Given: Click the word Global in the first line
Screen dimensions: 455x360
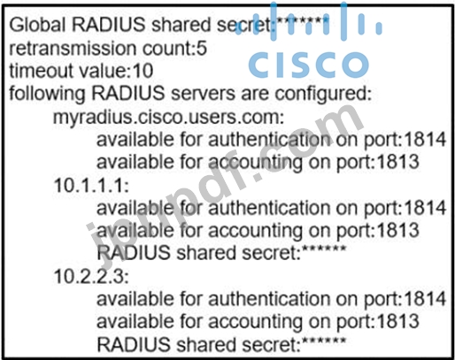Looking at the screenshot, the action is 37,24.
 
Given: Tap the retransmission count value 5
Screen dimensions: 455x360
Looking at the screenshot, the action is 202,48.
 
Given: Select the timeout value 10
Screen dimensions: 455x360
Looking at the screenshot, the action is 143,71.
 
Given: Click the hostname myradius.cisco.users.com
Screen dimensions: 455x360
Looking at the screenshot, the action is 166,118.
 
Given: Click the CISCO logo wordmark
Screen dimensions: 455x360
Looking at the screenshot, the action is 308,65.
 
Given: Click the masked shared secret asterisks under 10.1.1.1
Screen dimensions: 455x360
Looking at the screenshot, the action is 324,249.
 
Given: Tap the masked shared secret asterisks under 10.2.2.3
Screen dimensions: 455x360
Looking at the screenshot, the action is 324,341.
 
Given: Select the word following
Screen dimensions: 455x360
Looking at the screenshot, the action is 47,95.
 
